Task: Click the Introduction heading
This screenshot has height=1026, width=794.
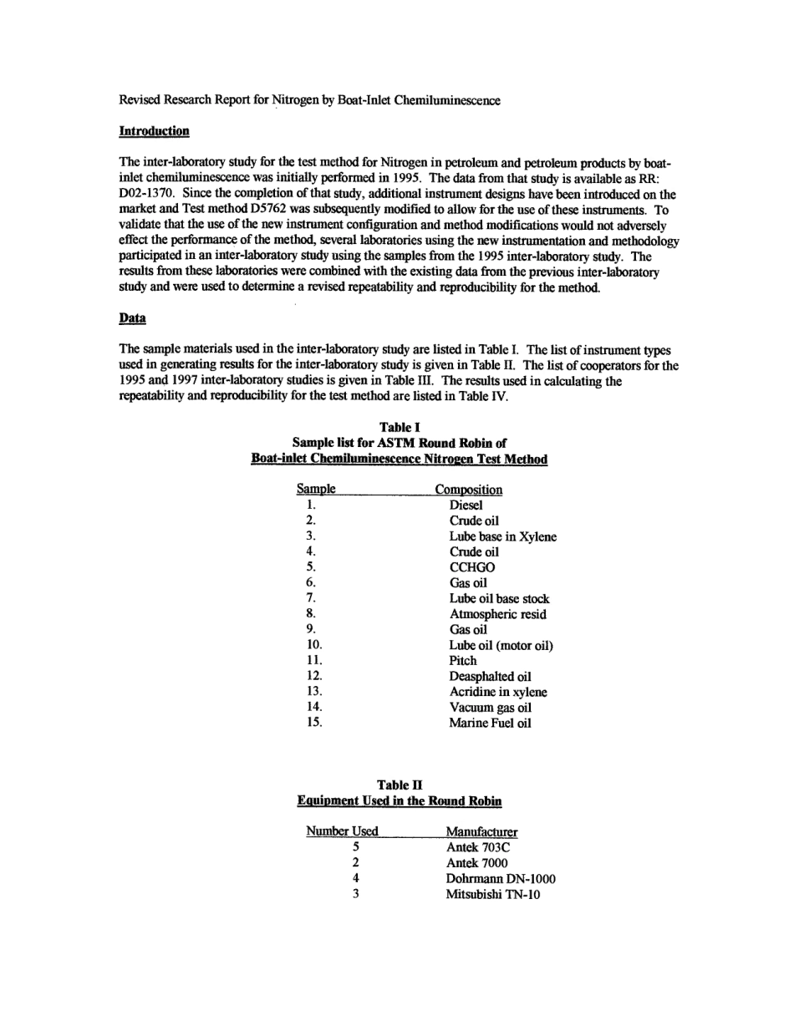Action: pyautogui.click(x=155, y=131)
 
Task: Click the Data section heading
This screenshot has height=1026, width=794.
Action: pyautogui.click(x=132, y=318)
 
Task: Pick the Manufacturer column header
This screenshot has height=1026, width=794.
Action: pyautogui.click(x=481, y=832)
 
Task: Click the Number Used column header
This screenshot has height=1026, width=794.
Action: pyautogui.click(x=342, y=831)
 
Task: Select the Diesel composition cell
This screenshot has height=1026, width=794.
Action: pyautogui.click(x=466, y=505)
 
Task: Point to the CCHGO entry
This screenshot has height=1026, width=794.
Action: pyautogui.click(x=471, y=567)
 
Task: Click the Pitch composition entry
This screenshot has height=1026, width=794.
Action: pyautogui.click(x=463, y=661)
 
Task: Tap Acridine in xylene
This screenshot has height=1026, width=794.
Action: pyautogui.click(x=498, y=692)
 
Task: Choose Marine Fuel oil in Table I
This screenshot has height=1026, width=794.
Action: pyautogui.click(x=490, y=724)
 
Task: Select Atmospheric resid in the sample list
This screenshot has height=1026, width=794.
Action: pyautogui.click(x=497, y=614)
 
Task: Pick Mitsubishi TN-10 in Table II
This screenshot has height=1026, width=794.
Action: pyautogui.click(x=493, y=895)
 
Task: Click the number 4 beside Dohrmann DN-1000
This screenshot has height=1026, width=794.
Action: pyautogui.click(x=355, y=879)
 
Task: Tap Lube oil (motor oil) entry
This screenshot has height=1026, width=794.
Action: pyautogui.click(x=501, y=646)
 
